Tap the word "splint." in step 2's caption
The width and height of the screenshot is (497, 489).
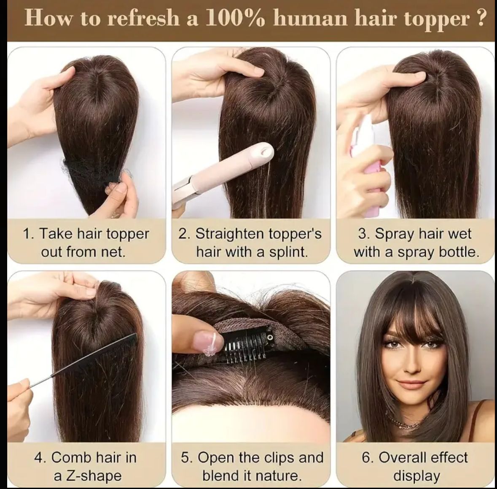coord(288,252)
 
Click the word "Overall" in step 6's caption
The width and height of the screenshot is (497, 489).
coord(400,457)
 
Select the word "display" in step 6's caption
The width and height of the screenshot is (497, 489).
coord(416,476)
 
